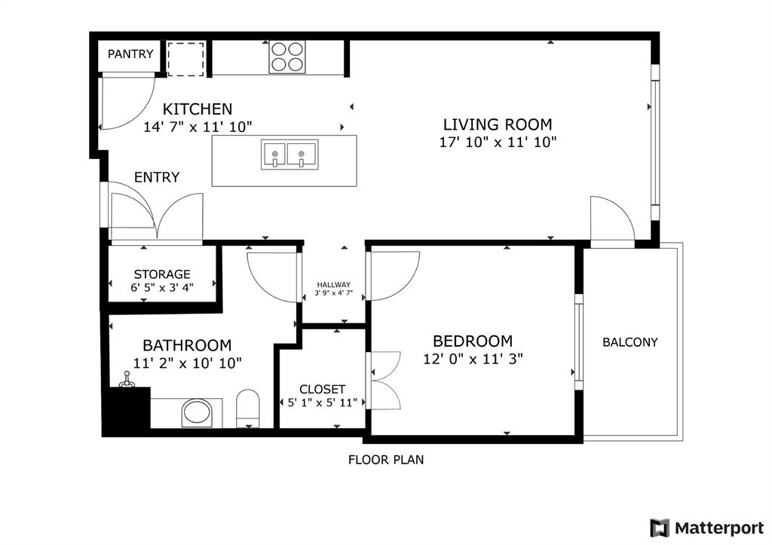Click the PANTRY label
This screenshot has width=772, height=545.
click(x=130, y=54)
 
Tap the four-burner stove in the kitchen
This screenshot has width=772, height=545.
click(x=288, y=57)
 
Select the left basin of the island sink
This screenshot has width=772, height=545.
click(x=275, y=154)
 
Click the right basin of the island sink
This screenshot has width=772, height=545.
click(x=302, y=154)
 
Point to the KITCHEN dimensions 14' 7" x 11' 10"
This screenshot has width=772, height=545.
click(x=198, y=127)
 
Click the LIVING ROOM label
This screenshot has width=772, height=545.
click(x=497, y=124)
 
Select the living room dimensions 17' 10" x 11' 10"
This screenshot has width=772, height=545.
click(x=497, y=142)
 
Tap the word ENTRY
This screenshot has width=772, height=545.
click(x=157, y=177)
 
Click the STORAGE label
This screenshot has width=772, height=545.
click(x=162, y=274)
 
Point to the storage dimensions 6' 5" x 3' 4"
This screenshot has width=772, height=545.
click(x=162, y=286)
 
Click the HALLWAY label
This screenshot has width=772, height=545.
click(x=333, y=284)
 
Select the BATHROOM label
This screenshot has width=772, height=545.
click(x=187, y=345)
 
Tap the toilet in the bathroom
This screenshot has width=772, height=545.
click(x=247, y=409)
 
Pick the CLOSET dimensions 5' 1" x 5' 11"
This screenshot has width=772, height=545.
click(x=323, y=403)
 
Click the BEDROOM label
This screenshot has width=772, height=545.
click(x=473, y=341)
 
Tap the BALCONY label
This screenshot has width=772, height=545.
click(x=630, y=342)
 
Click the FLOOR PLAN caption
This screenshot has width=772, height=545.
click(x=385, y=459)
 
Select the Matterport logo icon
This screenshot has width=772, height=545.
click(x=659, y=528)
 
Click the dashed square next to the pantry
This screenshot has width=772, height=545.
click(x=185, y=59)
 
